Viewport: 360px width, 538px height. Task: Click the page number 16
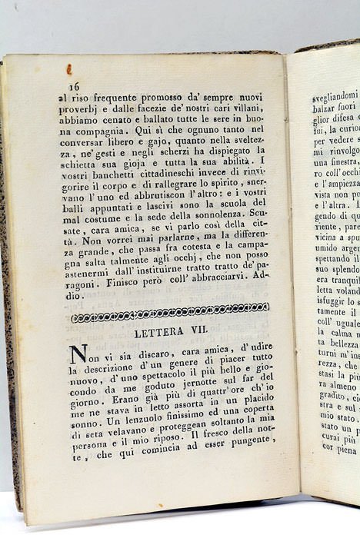74,86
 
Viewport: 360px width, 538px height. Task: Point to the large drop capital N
78,357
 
